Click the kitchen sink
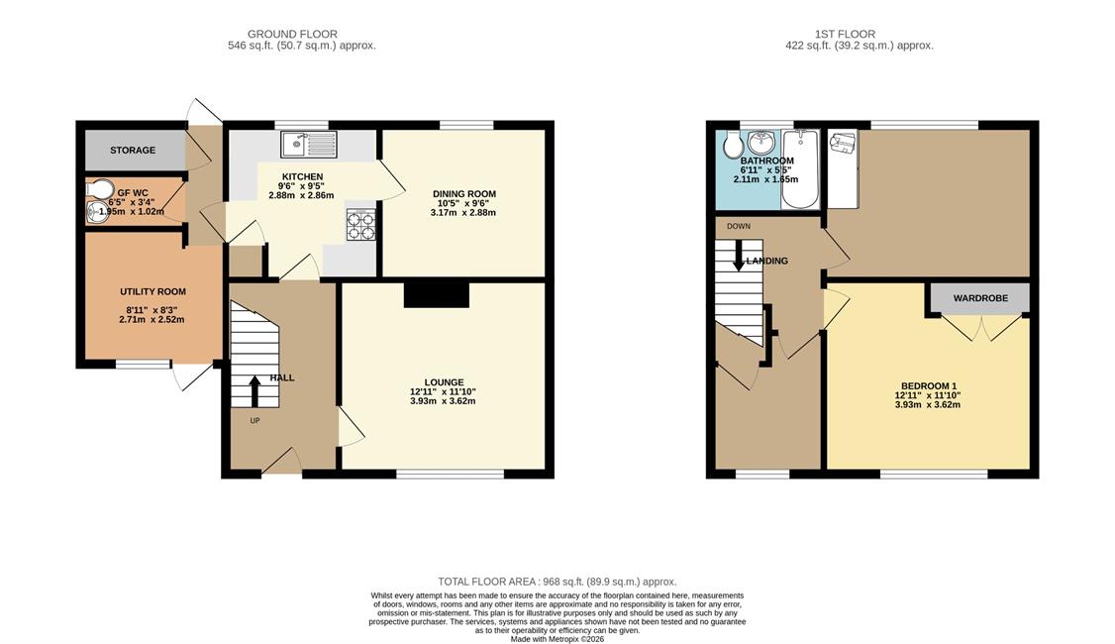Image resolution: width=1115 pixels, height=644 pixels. pyautogui.click(x=309, y=145)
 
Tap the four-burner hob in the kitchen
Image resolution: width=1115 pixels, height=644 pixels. pyautogui.click(x=360, y=225)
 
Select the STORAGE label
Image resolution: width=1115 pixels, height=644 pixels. pyautogui.click(x=133, y=151)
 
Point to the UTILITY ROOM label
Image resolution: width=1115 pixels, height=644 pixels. pyautogui.click(x=152, y=291)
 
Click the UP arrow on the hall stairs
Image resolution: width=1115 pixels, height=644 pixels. pyautogui.click(x=253, y=391)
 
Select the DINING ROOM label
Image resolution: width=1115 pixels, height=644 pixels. pyautogui.click(x=464, y=193)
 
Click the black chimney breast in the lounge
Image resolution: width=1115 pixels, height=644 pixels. pyautogui.click(x=437, y=294)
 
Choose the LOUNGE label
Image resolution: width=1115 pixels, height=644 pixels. pyautogui.click(x=444, y=382)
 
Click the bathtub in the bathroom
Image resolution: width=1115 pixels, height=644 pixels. pyautogui.click(x=800, y=168)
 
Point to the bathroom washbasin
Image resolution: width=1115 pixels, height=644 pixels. pyautogui.click(x=761, y=143)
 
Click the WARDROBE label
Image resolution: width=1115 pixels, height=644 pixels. pyautogui.click(x=980, y=298)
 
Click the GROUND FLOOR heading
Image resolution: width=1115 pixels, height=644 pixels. pyautogui.click(x=292, y=34)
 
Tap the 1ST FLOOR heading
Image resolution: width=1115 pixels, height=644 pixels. pyautogui.click(x=845, y=34)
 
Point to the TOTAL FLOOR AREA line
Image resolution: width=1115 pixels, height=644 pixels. pyautogui.click(x=557, y=582)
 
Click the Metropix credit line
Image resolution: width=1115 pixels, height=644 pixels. pyautogui.click(x=557, y=639)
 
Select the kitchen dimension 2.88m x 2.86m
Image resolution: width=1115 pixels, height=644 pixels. pyautogui.click(x=301, y=195)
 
